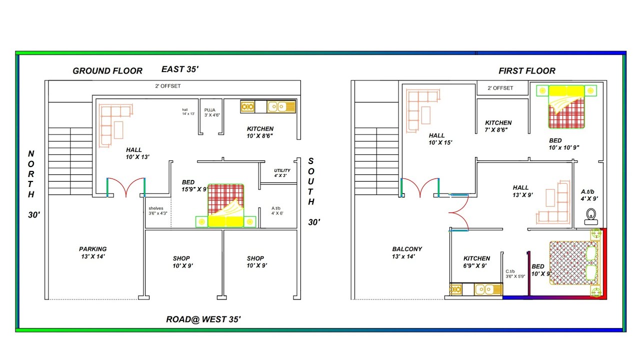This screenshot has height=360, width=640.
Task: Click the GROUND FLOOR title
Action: (x=107, y=71)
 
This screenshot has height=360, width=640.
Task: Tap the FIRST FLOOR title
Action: (x=526, y=71)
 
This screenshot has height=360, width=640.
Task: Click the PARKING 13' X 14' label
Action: (x=92, y=252)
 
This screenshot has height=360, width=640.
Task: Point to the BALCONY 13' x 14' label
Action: (x=407, y=252)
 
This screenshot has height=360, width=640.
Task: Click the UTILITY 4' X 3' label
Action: (x=282, y=173)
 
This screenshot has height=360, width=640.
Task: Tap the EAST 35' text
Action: (x=180, y=69)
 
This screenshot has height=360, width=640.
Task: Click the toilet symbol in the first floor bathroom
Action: (x=591, y=215)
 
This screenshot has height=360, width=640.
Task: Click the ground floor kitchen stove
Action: (x=247, y=106)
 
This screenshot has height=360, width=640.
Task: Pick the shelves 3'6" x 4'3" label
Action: (x=157, y=211)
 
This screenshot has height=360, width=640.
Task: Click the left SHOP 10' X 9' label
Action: (x=181, y=262)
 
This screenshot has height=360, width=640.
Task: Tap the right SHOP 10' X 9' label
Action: (x=255, y=262)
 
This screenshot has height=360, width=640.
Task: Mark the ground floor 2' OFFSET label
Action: (x=167, y=86)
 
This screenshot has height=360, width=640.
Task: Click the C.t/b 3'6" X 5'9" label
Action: (x=515, y=273)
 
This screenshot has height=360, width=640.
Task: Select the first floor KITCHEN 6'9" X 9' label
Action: (x=476, y=262)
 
